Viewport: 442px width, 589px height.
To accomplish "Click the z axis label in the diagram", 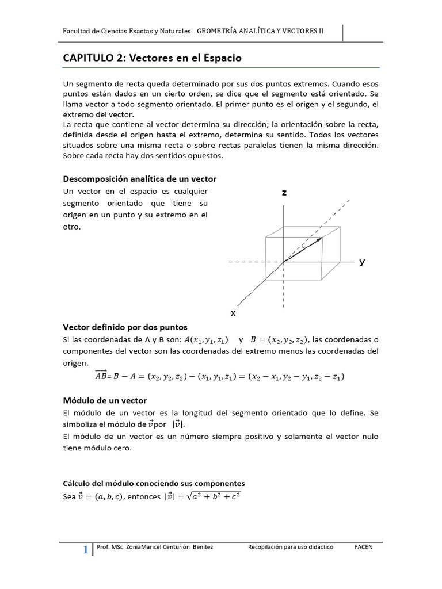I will point(284,193).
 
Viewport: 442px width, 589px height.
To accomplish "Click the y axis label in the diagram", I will point(362,262).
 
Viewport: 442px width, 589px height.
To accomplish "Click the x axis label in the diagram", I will point(233,313).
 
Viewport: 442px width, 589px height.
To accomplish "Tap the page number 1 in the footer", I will point(86,550).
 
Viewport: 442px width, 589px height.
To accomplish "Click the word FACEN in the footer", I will point(363,547).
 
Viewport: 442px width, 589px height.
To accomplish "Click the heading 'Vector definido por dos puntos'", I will point(125,327).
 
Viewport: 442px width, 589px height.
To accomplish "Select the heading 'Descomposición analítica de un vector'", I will point(139,179).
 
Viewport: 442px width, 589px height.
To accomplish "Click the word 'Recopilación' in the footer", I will point(267,547).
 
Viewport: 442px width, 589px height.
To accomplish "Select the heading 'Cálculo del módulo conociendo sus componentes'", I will point(154,483).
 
